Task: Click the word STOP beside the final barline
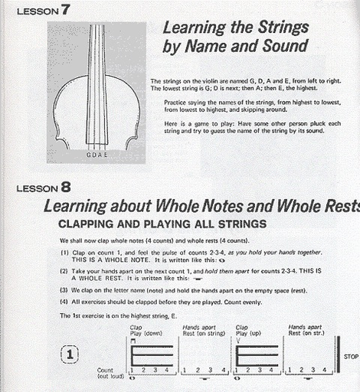351,357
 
